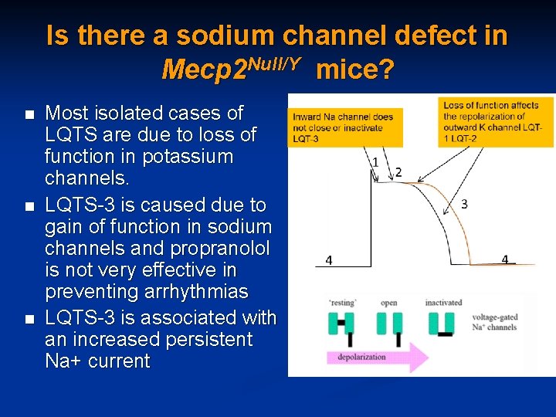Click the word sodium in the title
pos(225,36)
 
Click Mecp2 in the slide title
pos(205,71)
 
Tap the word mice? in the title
pos(355,71)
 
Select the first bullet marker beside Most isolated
pos(29,115)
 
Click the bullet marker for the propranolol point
pos(29,207)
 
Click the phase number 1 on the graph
pos(375,162)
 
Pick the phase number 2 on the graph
pos(398,171)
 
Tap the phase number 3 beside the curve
pos(463,204)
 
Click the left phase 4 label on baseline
pos(329,261)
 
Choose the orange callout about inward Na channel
pos(344,127)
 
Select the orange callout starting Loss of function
pos(497,121)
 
